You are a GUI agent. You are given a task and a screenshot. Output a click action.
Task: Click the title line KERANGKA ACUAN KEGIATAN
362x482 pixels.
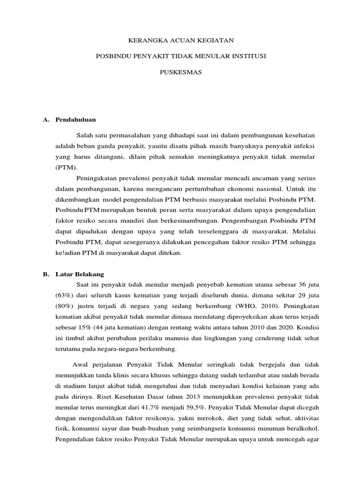click(181, 41)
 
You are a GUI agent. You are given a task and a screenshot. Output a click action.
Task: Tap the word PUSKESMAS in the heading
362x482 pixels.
click(181, 73)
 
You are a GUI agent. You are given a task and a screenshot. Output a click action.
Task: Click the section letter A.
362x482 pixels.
click(46, 120)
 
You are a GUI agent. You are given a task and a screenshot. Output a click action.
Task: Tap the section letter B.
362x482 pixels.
click(46, 273)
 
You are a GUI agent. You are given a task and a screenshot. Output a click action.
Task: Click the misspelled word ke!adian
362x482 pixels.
click(69, 253)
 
